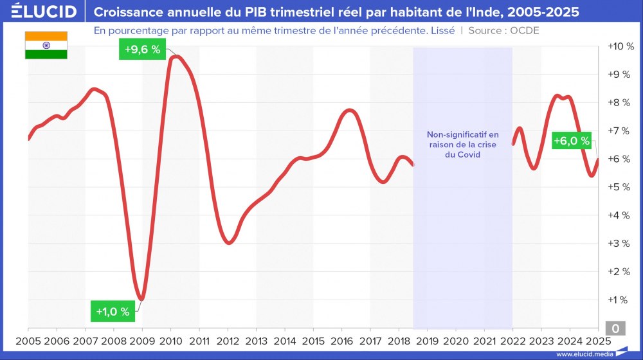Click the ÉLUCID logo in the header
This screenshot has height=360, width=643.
pyautogui.click(x=40, y=12)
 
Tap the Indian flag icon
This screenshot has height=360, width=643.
pyautogui.click(x=46, y=45)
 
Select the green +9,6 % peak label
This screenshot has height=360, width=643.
pyautogui.click(x=142, y=49)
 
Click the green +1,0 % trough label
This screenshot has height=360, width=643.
pyautogui.click(x=113, y=312)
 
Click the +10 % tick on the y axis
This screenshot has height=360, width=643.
pyautogui.click(x=620, y=46)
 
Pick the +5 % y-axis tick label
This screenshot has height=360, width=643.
pyautogui.click(x=620, y=187)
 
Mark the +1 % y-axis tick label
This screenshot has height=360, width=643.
pyautogui.click(x=620, y=300)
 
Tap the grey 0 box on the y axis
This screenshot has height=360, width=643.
pyautogui.click(x=615, y=328)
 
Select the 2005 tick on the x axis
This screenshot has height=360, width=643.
pyautogui.click(x=28, y=341)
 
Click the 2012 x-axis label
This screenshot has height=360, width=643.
pyautogui.click(x=228, y=341)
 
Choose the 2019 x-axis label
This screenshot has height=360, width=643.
pyautogui.click(x=427, y=341)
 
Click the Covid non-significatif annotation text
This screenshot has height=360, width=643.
pyautogui.click(x=462, y=145)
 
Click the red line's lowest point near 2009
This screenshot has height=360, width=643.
pyautogui.click(x=141, y=299)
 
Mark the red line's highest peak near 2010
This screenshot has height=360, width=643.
pyautogui.click(x=176, y=57)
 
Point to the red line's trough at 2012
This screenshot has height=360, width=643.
pyautogui.click(x=229, y=243)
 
